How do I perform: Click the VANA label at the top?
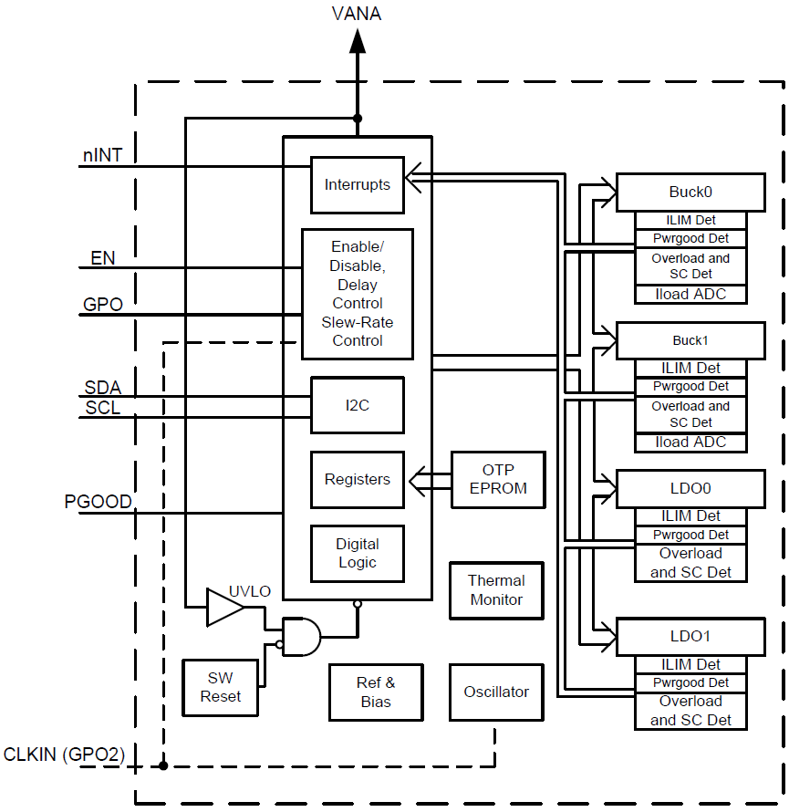click(357, 14)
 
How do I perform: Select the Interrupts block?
click(357, 184)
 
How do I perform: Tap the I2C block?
click(357, 405)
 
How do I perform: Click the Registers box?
click(357, 479)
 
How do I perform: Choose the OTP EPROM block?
click(498, 479)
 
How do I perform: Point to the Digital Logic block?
click(357, 553)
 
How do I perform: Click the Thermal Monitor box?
click(496, 590)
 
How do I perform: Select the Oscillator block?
click(496, 692)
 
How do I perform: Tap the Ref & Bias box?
click(376, 692)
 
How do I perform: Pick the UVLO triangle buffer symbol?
click(223, 608)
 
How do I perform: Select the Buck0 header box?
click(690, 192)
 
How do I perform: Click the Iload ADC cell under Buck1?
click(690, 442)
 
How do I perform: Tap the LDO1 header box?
click(690, 636)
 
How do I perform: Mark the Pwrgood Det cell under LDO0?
click(690, 535)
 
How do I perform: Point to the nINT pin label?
click(102, 155)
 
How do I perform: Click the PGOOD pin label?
click(98, 502)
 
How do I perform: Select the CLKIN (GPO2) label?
click(64, 755)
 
